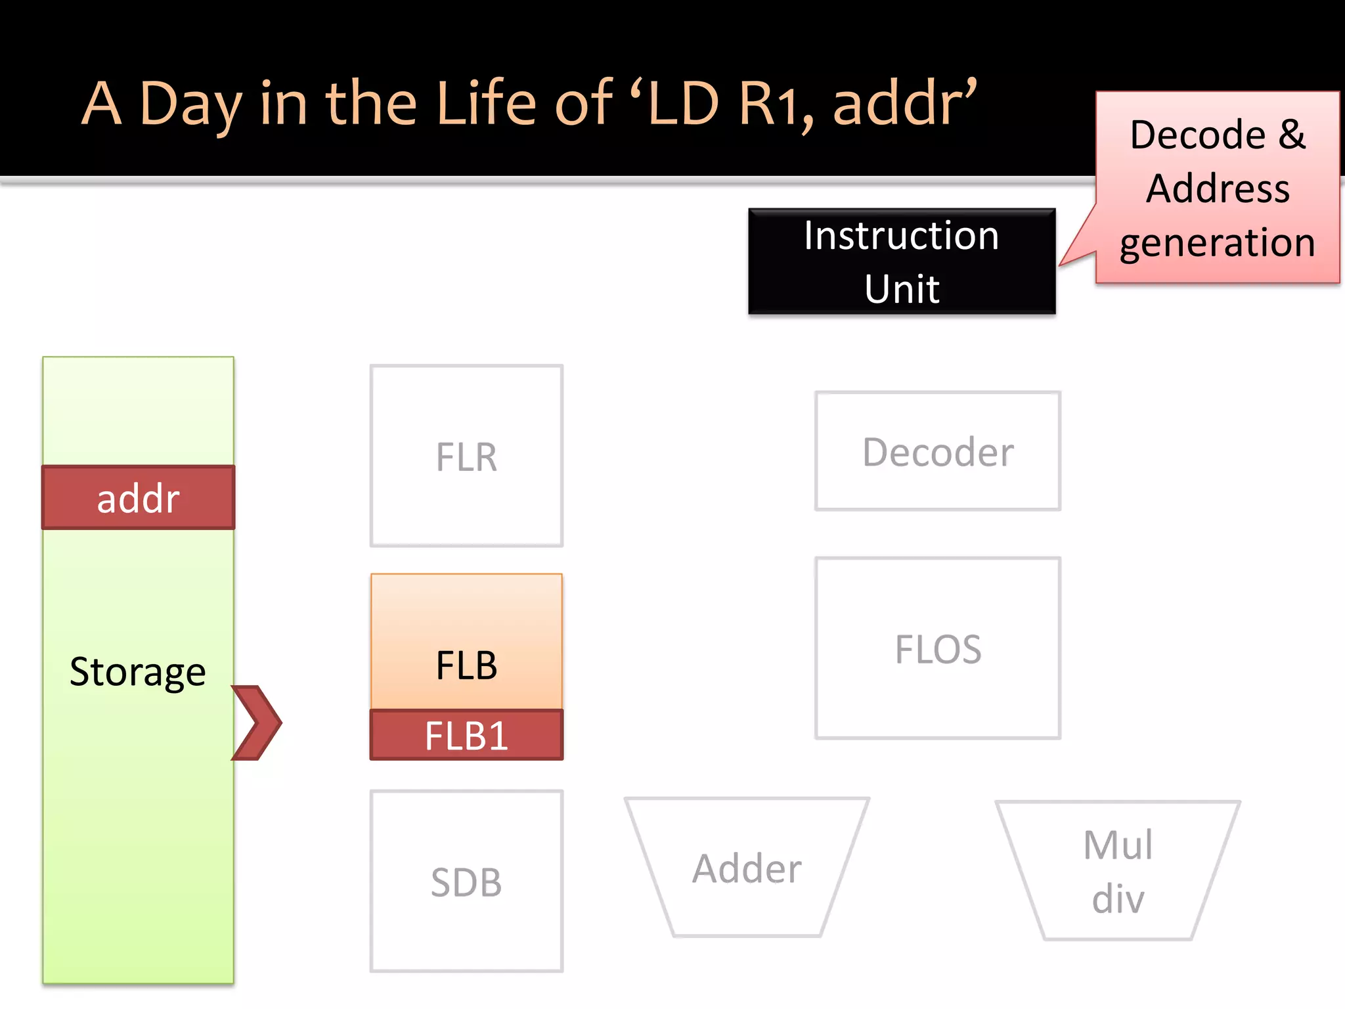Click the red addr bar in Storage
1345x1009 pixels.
point(138,497)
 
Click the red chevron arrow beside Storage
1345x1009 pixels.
point(257,723)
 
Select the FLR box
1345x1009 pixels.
point(466,456)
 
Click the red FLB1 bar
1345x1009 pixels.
point(466,735)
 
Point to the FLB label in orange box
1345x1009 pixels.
point(466,665)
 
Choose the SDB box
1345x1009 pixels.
point(466,882)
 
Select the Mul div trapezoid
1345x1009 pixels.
point(1118,871)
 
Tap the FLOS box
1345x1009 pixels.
point(938,649)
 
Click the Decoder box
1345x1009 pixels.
point(938,452)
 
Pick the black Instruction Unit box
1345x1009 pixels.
point(902,261)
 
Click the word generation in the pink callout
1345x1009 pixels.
point(1217,243)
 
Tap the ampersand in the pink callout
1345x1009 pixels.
point(1291,135)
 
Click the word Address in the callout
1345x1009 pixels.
point(1218,189)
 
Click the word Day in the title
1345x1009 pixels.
point(190,105)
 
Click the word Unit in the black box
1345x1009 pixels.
point(902,288)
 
